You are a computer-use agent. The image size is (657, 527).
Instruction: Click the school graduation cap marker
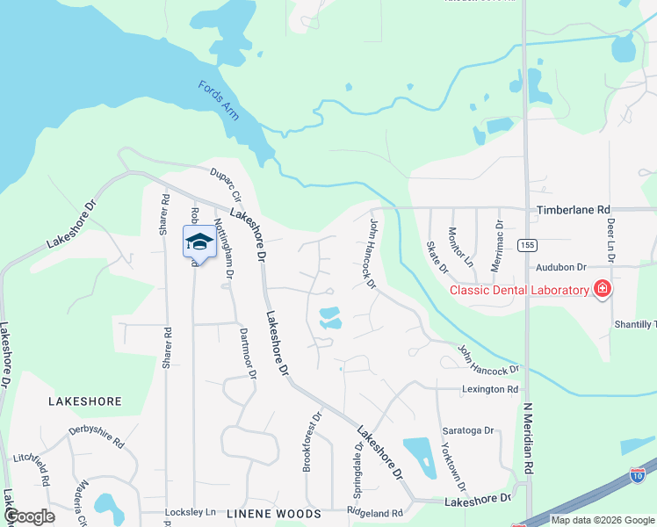tap(199, 242)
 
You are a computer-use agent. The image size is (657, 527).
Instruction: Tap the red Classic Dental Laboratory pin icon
tap(602, 288)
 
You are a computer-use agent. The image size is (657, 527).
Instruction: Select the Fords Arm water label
tap(219, 99)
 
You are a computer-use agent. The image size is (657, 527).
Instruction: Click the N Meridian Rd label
tap(529, 440)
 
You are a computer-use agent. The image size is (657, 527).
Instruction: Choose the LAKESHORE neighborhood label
tap(84, 401)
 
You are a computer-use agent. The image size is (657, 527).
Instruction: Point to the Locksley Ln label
tap(191, 511)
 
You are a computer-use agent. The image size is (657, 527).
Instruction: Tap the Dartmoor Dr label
tap(247, 353)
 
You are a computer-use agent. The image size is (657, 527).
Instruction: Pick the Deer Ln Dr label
tap(610, 239)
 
